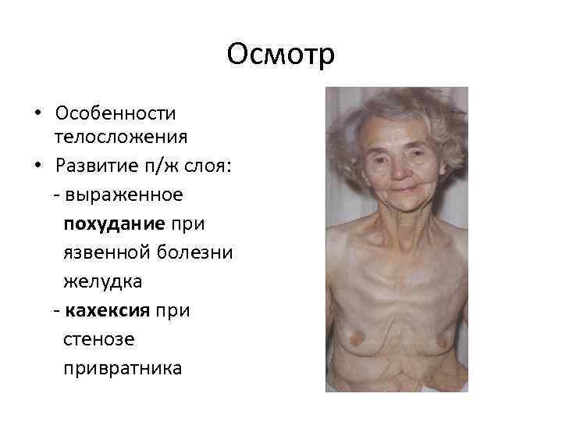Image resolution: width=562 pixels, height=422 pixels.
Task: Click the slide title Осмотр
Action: [x=280, y=55]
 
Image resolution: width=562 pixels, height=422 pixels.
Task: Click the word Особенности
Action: [x=116, y=113]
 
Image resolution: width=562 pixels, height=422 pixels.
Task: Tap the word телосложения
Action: [x=120, y=138]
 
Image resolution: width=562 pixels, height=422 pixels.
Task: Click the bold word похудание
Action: [x=114, y=224]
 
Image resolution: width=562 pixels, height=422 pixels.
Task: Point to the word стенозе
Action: [x=98, y=339]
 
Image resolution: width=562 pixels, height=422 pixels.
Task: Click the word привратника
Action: [x=122, y=368]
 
